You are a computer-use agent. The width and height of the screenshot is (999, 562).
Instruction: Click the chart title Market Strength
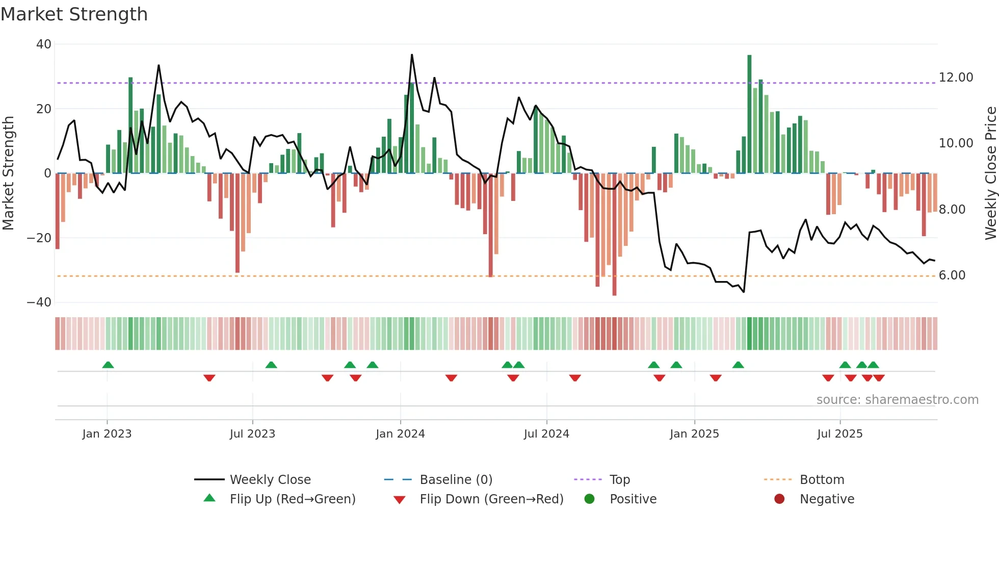74,14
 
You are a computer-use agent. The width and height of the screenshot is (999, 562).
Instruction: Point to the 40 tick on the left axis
44,44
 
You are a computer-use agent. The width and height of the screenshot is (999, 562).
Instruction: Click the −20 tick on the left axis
39,238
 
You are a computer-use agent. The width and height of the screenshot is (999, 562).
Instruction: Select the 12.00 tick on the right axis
956,78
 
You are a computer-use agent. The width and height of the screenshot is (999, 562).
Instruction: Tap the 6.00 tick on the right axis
952,275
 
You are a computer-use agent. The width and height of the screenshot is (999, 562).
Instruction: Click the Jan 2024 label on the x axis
400,434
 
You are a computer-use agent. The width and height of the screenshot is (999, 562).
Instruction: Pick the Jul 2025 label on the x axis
839,434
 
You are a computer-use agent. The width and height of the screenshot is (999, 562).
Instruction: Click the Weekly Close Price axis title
990,173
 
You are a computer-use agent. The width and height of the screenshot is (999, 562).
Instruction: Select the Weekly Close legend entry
270,480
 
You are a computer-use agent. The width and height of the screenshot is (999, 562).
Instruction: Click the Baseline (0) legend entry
456,480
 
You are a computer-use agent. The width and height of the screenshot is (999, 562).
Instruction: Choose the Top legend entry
619,480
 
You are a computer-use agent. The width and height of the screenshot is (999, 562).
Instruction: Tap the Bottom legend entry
822,480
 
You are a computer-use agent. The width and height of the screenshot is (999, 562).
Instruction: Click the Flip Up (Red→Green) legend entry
292,499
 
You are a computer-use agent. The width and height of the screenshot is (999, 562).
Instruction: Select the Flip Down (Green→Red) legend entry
491,499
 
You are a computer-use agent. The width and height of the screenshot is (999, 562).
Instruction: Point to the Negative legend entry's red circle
779,499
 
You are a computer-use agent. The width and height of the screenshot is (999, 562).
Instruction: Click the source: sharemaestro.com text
897,400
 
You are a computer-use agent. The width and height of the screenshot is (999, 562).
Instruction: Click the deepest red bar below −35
614,235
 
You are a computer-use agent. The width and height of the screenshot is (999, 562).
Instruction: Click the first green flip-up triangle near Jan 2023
108,365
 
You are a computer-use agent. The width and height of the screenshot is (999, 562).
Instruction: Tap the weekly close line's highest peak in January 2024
412,55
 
